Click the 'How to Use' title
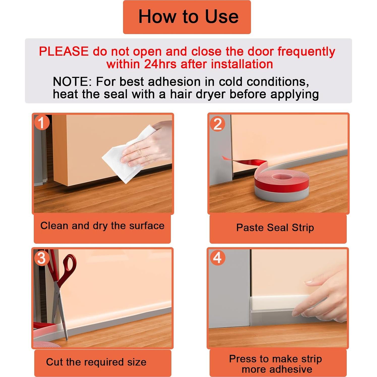coord(188,17)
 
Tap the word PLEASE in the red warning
coord(64,51)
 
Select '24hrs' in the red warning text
coord(160,64)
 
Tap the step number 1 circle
coord(42,123)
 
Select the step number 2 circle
coord(218,124)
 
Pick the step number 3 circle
coord(42,258)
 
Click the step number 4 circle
coord(217,258)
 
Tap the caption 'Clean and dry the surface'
coord(102,226)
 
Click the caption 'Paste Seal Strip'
coord(275,227)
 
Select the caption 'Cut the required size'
coord(96,362)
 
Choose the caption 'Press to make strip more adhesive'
coord(276,364)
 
